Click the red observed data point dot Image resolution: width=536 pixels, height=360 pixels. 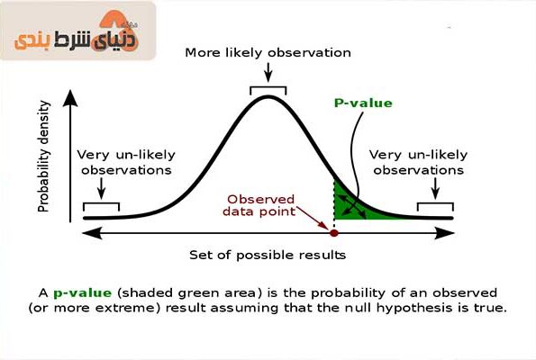(x=334, y=233)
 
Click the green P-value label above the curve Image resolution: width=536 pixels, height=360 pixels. (x=363, y=103)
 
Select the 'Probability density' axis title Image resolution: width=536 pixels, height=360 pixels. (x=44, y=156)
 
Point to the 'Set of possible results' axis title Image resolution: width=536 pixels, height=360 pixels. (x=268, y=255)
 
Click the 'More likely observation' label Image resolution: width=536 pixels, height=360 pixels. (x=268, y=52)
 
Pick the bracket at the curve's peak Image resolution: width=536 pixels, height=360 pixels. (x=268, y=87)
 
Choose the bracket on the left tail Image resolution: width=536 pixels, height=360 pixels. (x=101, y=204)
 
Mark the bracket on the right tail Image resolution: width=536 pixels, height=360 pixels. (x=435, y=204)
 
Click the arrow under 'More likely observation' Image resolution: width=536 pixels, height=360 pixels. (x=268, y=72)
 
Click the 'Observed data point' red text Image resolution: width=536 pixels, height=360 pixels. (x=259, y=205)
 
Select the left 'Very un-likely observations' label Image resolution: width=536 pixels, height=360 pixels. (x=126, y=162)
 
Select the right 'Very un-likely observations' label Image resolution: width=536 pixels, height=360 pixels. (x=418, y=162)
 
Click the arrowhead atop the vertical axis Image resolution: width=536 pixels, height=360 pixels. (x=70, y=98)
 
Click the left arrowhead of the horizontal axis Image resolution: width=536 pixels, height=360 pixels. (x=92, y=233)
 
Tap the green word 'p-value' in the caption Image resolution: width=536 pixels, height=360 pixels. (x=82, y=293)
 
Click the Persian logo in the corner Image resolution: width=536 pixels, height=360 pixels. (x=77, y=33)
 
